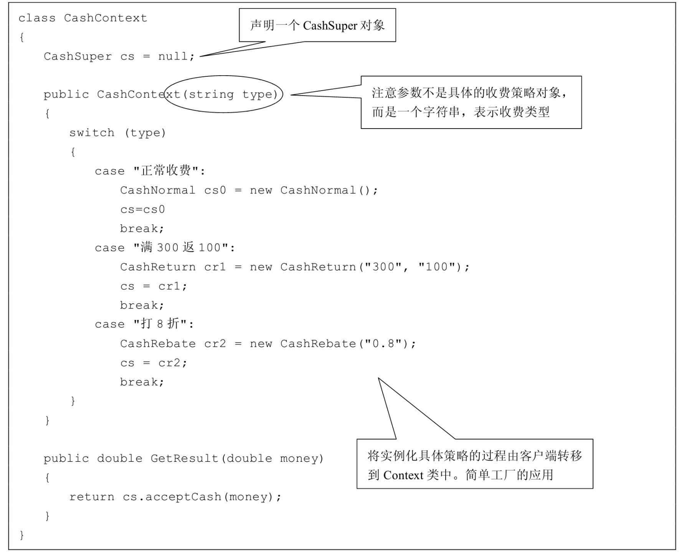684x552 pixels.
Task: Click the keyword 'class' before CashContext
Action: pos(37,18)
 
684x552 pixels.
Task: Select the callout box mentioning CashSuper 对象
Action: pos(317,25)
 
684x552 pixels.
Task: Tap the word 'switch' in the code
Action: pos(92,133)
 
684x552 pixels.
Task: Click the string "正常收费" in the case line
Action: pos(166,171)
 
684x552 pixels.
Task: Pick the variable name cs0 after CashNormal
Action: pos(215,190)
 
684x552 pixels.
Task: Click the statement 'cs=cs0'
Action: pos(142,210)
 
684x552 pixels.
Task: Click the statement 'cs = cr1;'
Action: pos(154,286)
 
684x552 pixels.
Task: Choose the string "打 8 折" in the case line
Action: pos(160,324)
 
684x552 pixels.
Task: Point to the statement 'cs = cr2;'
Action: pos(154,363)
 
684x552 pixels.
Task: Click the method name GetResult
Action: pos(184,459)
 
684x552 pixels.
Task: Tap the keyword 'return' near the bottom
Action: pos(92,497)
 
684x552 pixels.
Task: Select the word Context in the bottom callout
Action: pos(403,475)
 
